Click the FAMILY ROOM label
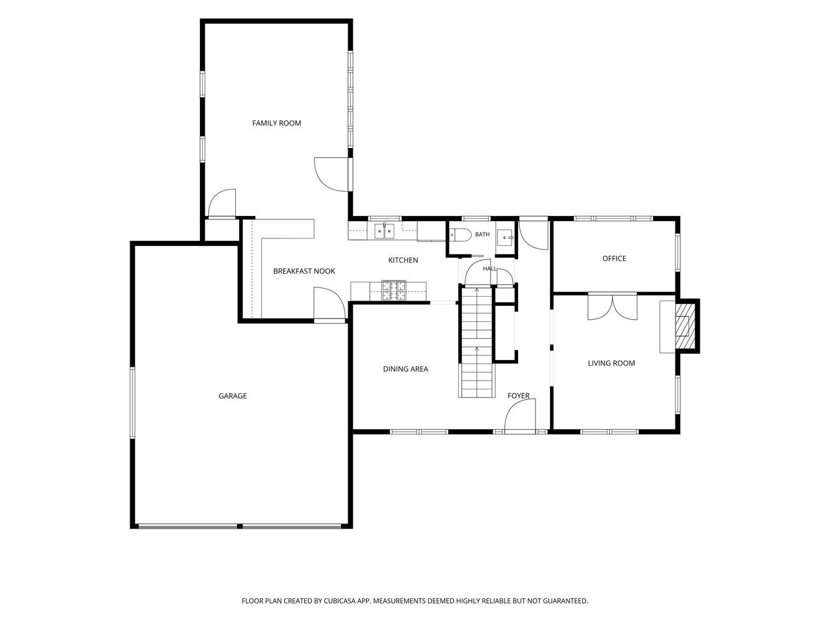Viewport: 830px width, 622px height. (x=277, y=123)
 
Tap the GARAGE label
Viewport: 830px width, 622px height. (x=232, y=396)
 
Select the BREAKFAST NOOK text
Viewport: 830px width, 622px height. (x=304, y=271)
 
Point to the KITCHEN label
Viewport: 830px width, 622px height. (x=403, y=260)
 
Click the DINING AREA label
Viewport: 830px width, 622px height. (x=405, y=369)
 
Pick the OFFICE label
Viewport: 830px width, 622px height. (x=614, y=259)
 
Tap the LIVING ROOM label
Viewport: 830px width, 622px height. (x=611, y=363)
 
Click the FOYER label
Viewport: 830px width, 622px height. (x=518, y=396)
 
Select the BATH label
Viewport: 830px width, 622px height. (x=482, y=234)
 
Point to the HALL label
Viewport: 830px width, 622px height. (x=490, y=268)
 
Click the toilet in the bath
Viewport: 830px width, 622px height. (x=460, y=235)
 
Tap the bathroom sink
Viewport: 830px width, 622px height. (x=505, y=237)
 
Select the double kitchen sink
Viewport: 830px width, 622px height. (x=384, y=231)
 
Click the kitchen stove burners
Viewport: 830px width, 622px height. (x=394, y=290)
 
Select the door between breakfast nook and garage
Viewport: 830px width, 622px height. (x=329, y=304)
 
